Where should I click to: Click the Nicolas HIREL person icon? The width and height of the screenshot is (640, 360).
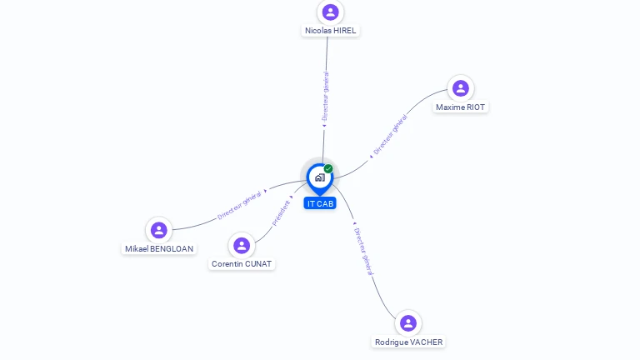[x=331, y=12]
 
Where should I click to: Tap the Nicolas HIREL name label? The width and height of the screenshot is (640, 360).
[x=331, y=31]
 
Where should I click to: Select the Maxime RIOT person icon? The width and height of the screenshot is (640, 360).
[x=460, y=88]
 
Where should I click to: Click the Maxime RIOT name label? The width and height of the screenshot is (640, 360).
[x=460, y=107]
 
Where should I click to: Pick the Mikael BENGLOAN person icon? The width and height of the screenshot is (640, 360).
[x=158, y=230]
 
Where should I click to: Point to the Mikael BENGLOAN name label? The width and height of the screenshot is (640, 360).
[x=159, y=249]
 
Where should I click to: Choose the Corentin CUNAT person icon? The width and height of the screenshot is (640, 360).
[x=242, y=245]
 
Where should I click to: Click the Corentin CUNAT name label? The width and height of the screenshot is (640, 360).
[x=242, y=264]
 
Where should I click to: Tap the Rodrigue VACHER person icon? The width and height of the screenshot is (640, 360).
[x=407, y=323]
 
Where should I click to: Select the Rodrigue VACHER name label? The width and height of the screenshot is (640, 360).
[x=408, y=342]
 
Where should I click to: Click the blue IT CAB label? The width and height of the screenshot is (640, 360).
[x=320, y=203]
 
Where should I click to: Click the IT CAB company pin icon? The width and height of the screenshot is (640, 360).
[x=319, y=177]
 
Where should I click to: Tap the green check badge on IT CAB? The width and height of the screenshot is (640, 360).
[x=328, y=169]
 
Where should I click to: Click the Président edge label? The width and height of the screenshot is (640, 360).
[x=282, y=212]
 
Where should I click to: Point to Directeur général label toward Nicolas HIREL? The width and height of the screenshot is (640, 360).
[x=326, y=95]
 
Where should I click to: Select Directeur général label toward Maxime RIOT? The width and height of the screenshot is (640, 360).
[x=391, y=134]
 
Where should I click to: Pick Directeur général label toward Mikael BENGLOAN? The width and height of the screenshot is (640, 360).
[x=240, y=204]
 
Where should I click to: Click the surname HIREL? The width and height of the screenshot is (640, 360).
[x=343, y=31]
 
